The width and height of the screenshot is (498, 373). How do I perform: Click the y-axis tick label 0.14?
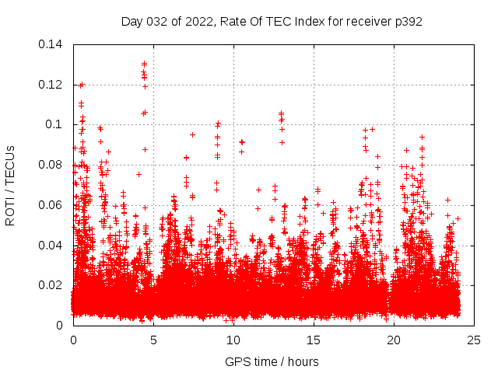[52, 44]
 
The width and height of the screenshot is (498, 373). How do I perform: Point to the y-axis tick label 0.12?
[52, 84]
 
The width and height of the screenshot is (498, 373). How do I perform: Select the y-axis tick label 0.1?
[57, 124]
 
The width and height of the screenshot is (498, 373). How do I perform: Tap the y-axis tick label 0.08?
[52, 165]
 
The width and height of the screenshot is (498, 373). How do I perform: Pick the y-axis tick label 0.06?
[52, 205]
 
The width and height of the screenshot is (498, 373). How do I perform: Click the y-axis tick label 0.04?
[52, 246]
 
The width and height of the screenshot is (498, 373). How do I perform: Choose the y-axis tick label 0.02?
[52, 286]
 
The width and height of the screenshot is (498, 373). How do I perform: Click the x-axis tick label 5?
[153, 340]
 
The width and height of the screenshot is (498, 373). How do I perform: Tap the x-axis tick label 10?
[233, 340]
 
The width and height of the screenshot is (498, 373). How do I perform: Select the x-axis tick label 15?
[314, 340]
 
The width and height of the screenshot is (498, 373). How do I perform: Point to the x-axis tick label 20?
[394, 340]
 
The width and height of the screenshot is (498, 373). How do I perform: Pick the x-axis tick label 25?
[474, 340]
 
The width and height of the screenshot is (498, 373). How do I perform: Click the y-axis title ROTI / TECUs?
[11, 185]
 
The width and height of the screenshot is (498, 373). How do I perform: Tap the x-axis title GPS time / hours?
[272, 361]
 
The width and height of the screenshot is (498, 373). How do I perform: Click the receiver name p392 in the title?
[407, 22]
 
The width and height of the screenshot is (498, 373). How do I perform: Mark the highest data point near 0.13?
[144, 64]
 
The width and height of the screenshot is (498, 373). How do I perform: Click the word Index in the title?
[313, 22]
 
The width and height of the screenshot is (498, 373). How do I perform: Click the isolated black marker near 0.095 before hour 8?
[192, 134]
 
